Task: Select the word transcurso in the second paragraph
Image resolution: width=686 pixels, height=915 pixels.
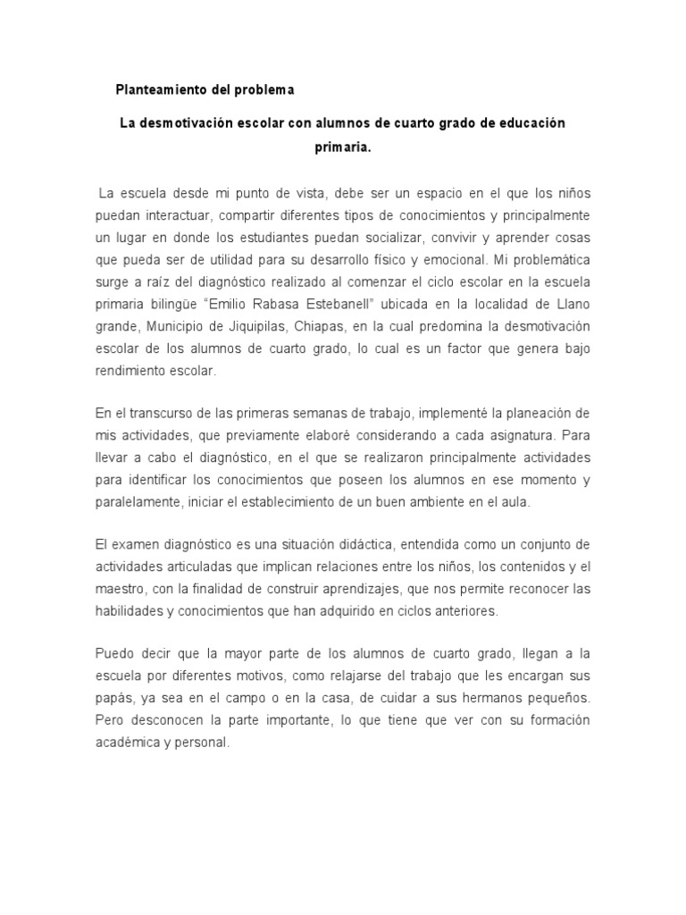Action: tap(157, 415)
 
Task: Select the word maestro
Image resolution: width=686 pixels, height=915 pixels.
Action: tap(120, 589)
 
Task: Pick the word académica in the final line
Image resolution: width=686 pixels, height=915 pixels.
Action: tap(129, 741)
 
